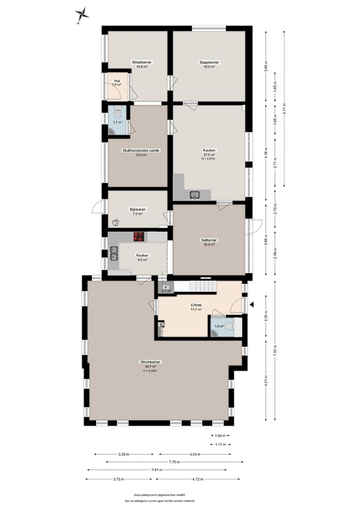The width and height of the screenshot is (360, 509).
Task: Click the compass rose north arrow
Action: (82, 13)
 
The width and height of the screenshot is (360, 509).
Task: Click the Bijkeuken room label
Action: (138, 211)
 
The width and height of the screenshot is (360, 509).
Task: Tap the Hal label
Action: (117, 82)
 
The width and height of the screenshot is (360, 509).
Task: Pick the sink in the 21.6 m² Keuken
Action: (196, 194)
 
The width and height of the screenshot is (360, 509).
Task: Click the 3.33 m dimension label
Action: (123, 454)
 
